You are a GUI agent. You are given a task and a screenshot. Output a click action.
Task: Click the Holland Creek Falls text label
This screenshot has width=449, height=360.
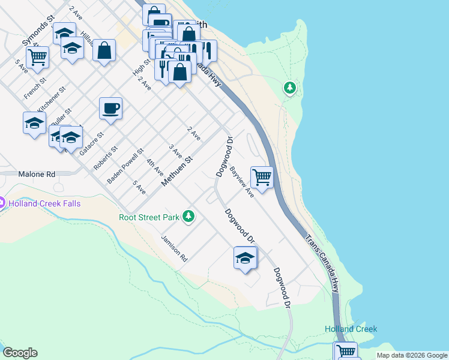point(44,203)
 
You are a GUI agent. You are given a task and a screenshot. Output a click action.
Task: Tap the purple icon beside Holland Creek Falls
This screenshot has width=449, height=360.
point(2,203)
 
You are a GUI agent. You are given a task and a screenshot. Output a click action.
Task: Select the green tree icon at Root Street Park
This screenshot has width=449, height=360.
point(188,215)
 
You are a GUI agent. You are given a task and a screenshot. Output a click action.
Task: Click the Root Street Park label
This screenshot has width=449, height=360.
point(149,217)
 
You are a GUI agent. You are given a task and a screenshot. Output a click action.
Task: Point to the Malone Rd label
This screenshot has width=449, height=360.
point(37,174)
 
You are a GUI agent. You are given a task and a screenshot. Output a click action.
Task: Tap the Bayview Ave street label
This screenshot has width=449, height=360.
point(242,182)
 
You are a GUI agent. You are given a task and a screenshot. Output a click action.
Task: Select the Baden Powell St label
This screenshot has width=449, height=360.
point(125,166)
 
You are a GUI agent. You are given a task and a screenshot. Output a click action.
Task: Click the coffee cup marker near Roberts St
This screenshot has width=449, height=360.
point(110,109)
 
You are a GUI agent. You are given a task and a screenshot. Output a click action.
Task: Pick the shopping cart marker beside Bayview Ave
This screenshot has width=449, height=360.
point(262,177)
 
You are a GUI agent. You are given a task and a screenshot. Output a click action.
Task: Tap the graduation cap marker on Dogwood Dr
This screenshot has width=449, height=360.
point(245,258)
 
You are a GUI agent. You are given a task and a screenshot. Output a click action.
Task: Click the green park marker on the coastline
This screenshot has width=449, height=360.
point(291,89)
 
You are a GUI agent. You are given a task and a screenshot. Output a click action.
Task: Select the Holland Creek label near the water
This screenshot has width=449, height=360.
point(351,329)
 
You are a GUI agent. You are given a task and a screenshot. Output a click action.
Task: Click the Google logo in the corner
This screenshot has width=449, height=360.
point(20,353)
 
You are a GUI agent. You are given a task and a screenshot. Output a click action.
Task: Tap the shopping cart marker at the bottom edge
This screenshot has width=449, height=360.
point(346,351)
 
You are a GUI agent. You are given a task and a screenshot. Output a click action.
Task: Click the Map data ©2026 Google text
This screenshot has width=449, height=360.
point(412,355)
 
